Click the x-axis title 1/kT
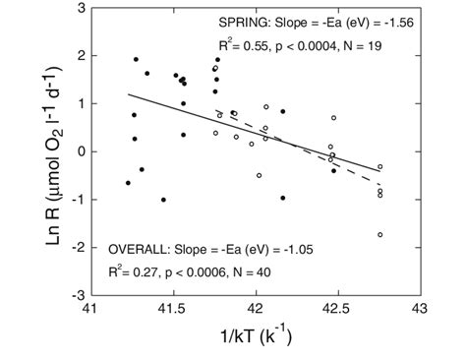pos(256,338)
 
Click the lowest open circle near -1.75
pos(379,235)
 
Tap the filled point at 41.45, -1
pos(163,200)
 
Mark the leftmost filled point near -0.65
pos(128,183)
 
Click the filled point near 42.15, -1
pos(282,198)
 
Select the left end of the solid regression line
pos(128,94)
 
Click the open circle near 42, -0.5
pos(260,175)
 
